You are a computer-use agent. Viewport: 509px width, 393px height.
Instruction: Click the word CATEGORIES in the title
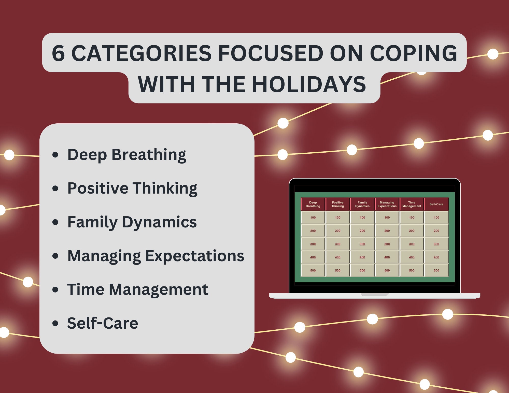(x=141, y=53)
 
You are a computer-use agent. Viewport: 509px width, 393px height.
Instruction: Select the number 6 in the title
(x=58, y=53)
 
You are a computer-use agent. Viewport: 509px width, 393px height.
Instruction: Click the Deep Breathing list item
(x=126, y=155)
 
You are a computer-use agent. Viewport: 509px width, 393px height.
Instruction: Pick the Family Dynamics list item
(x=132, y=222)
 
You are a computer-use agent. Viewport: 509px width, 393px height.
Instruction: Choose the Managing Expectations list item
(x=155, y=256)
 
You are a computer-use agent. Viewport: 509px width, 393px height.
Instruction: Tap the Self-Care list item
(x=103, y=323)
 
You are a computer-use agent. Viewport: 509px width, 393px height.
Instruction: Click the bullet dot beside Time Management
(x=55, y=289)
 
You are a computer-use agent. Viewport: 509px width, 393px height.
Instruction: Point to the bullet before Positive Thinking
(x=55, y=188)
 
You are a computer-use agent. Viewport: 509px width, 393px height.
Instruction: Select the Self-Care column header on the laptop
(x=436, y=204)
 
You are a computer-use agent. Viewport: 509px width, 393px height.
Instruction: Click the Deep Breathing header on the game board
(x=313, y=204)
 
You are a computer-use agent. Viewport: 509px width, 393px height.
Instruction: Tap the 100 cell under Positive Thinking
(x=337, y=217)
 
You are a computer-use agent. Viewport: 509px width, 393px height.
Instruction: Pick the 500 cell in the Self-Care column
(x=436, y=270)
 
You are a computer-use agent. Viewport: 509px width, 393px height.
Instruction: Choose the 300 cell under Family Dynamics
(x=362, y=244)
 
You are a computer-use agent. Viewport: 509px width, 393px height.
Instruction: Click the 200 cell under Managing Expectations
(x=387, y=231)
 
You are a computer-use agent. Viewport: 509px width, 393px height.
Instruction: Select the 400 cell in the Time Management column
(x=412, y=257)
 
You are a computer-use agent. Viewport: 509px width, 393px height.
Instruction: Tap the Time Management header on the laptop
(x=412, y=204)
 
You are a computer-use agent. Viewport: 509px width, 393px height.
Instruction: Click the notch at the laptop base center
(x=375, y=295)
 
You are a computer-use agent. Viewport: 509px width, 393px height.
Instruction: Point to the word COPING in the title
(x=413, y=53)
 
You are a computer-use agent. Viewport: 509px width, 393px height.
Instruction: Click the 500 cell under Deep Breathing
(x=313, y=270)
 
